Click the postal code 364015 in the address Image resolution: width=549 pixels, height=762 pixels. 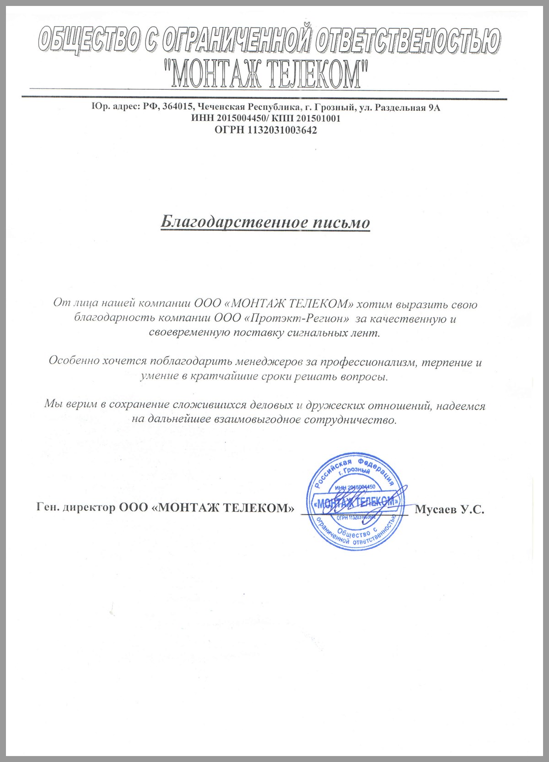pos(179,108)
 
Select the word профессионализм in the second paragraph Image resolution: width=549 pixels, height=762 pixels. pos(370,362)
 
